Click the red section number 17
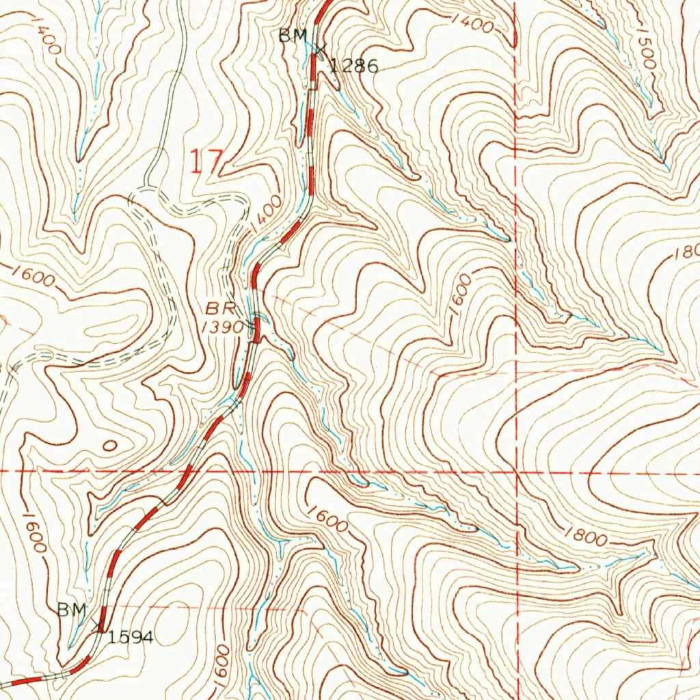[206, 162]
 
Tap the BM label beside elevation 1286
[293, 37]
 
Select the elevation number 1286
[353, 66]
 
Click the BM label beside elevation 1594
[71, 609]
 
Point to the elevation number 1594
[131, 637]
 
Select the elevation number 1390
[223, 327]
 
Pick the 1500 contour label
[645, 49]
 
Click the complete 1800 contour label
[586, 537]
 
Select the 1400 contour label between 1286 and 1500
[472, 24]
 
